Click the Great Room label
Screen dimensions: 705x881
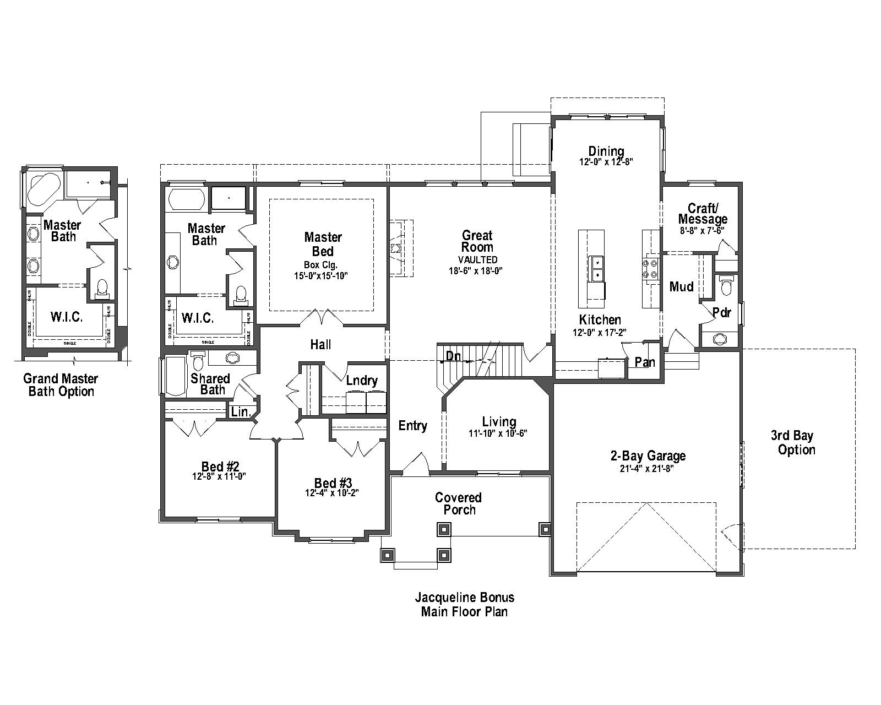click(x=477, y=241)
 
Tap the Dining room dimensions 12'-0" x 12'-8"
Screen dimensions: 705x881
click(x=606, y=162)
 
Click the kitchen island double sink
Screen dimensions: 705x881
click(x=596, y=268)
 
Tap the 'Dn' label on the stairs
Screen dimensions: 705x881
click(x=453, y=356)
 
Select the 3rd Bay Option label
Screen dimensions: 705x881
click(x=796, y=442)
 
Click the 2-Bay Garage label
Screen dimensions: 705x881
click(x=648, y=456)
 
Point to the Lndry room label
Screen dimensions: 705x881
click(x=362, y=381)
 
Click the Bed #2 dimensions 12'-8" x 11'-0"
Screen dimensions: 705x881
click(x=219, y=476)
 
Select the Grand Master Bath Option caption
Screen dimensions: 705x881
click(x=61, y=385)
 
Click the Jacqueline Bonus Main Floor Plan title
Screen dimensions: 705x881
click(x=464, y=604)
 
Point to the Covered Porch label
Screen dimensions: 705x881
click(x=459, y=503)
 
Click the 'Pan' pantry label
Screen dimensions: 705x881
click(x=645, y=362)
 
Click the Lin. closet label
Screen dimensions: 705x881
click(x=241, y=411)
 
